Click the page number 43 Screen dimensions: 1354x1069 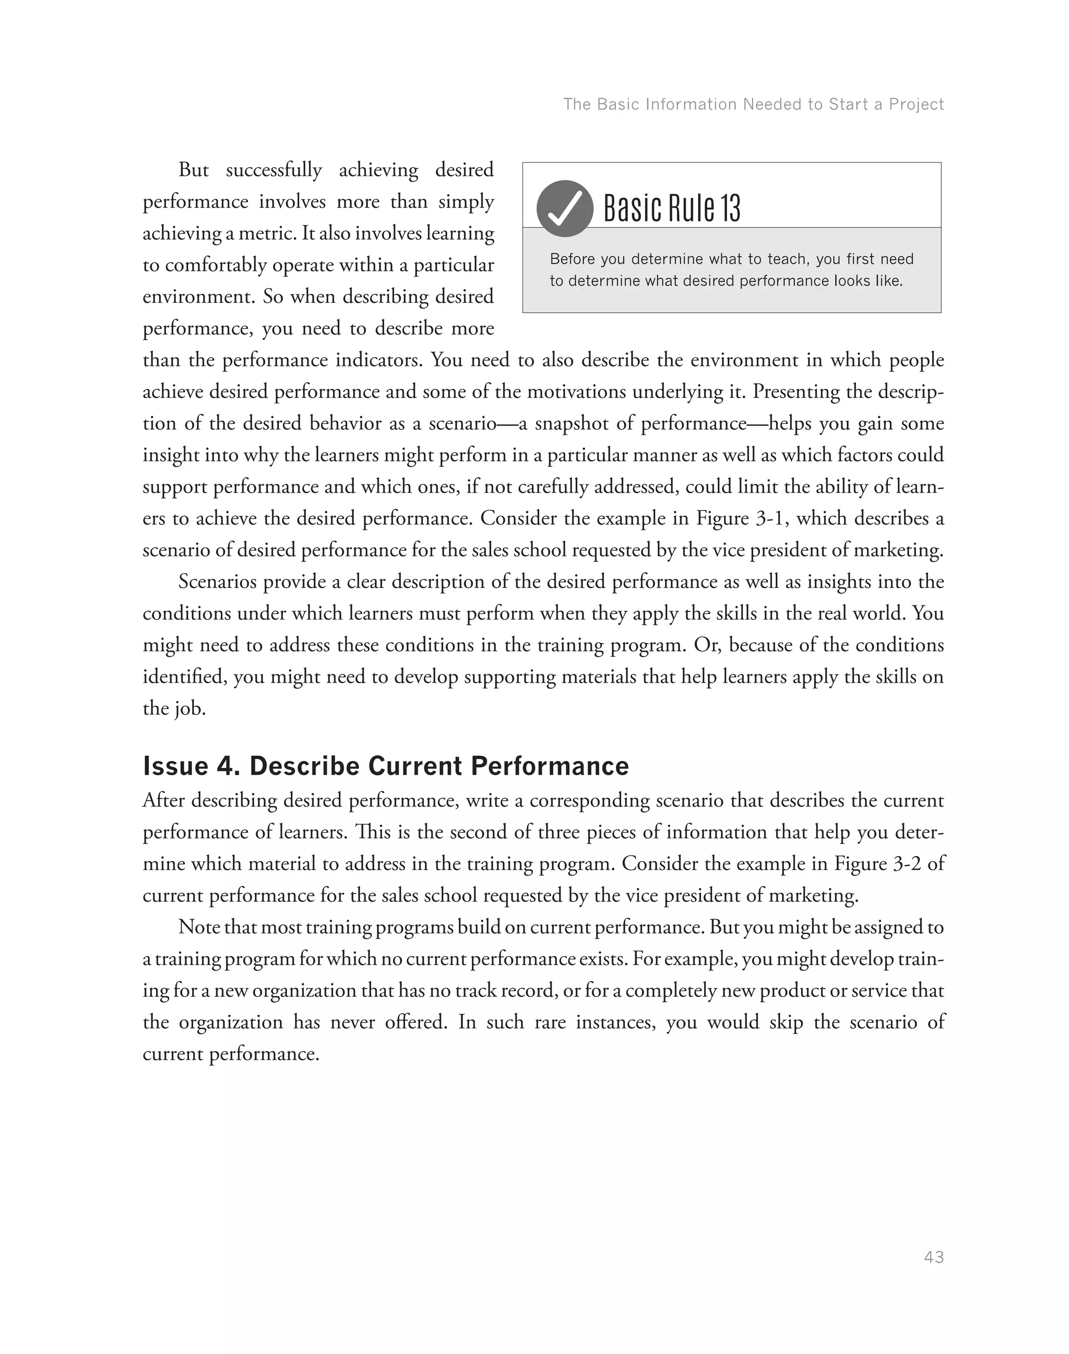click(x=933, y=1257)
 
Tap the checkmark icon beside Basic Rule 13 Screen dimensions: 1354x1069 click(x=565, y=208)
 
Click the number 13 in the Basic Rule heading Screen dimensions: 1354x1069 click(x=730, y=208)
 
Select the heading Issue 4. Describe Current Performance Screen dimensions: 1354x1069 click(x=386, y=766)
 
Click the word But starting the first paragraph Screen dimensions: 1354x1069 click(x=194, y=170)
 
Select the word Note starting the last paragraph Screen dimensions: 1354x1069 click(x=198, y=927)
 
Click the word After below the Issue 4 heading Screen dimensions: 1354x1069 click(x=163, y=801)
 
